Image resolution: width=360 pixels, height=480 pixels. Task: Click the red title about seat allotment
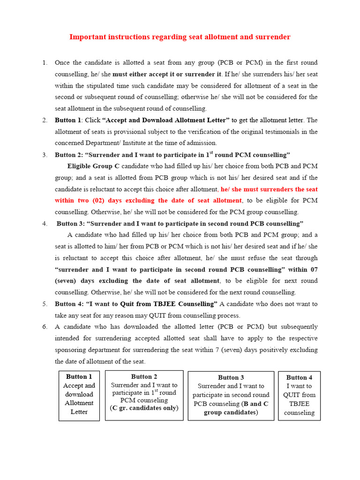tap(180, 37)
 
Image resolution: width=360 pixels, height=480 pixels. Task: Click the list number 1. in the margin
tap(45, 63)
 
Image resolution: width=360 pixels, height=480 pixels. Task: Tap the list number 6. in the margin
tap(45, 327)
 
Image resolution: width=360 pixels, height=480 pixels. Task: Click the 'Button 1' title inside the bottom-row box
tap(79, 377)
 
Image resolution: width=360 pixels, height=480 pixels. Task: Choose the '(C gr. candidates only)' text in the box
tap(144, 408)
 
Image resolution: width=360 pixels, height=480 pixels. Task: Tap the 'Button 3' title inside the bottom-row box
tap(231, 378)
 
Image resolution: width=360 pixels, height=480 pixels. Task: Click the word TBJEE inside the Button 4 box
tap(299, 404)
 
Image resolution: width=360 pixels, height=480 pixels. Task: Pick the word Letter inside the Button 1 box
tap(79, 412)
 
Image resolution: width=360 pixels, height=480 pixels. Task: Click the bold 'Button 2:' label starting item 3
tap(68, 155)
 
